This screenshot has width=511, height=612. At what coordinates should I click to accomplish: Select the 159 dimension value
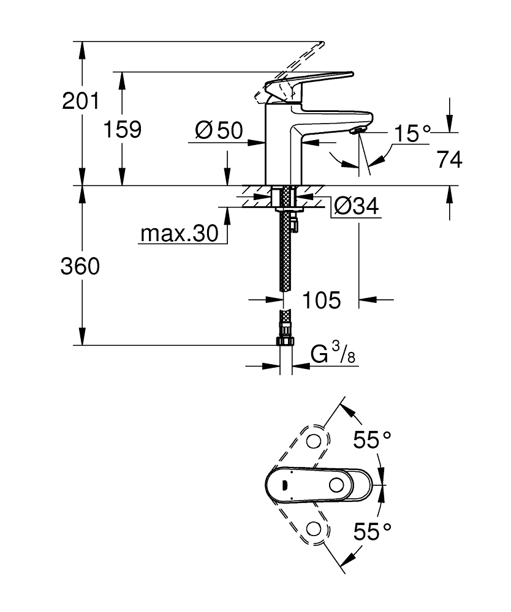coord(122,129)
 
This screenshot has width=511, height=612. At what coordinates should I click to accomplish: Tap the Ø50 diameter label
coord(219,130)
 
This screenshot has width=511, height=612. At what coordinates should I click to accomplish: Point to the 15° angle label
coord(412,133)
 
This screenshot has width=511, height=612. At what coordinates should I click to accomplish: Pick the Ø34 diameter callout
coord(355,207)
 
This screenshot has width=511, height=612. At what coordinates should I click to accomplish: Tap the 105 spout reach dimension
coord(320,300)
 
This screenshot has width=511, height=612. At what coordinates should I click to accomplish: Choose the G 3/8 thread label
coord(333,355)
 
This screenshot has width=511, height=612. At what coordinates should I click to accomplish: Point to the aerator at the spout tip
coord(357,129)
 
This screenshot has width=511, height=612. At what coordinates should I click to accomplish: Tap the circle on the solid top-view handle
coord(336,485)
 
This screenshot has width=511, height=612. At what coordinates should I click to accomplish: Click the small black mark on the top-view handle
coord(284,485)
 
